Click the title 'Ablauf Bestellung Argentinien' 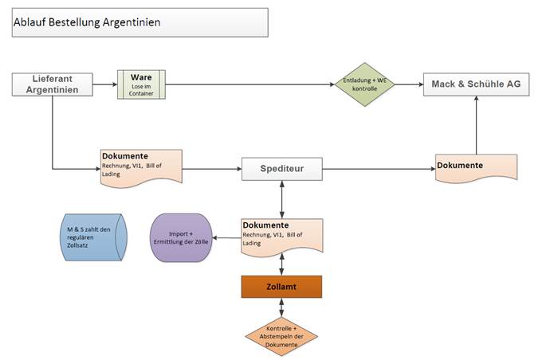point(87,22)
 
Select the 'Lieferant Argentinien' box point(53,84)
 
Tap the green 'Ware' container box point(141,84)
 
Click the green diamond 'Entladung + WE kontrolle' point(365,84)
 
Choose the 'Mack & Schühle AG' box point(477,84)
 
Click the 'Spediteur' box point(282,169)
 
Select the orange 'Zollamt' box point(281,287)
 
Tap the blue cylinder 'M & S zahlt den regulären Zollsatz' point(93,237)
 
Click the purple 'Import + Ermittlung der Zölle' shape point(181,237)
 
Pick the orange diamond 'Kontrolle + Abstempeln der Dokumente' point(281,337)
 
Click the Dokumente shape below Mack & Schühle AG point(477,168)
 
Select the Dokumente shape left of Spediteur point(141,168)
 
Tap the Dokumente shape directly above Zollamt point(282,237)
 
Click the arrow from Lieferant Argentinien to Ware point(105,84)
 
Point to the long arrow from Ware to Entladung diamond point(250,84)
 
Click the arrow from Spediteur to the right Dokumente point(379,169)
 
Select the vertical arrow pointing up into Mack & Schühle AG point(477,125)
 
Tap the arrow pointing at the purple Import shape point(226,238)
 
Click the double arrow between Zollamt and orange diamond point(281,307)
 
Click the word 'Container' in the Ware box point(141,94)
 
